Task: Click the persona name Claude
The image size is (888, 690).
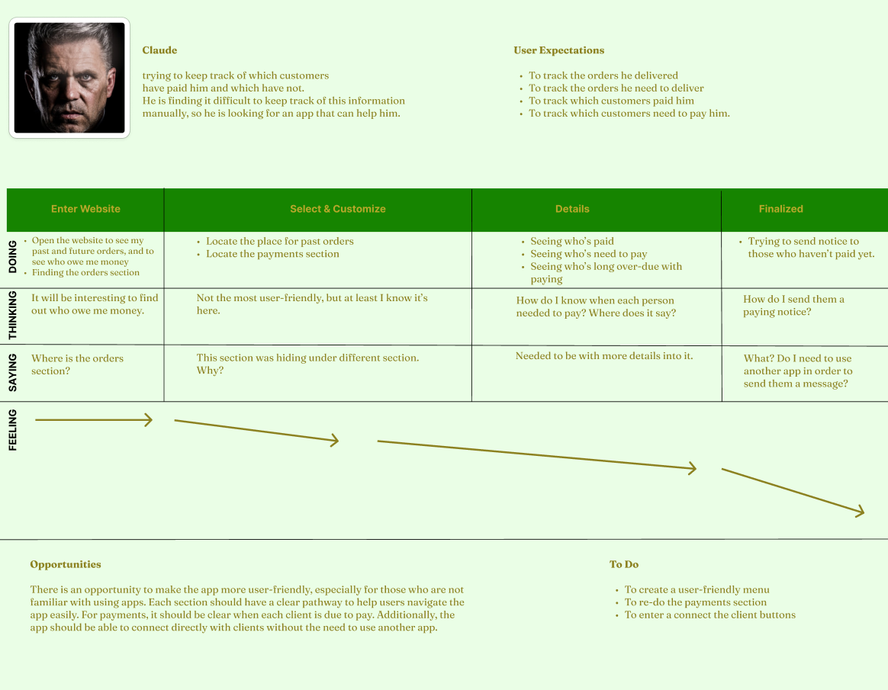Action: pos(159,50)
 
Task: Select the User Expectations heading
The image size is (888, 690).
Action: pos(559,50)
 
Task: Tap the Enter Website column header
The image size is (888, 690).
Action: pos(85,209)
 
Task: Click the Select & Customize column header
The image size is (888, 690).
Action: pos(337,209)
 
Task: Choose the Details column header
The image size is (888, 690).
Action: pos(572,209)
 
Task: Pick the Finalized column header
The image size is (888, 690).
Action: pos(781,209)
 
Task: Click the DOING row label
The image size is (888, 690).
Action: pos(13,257)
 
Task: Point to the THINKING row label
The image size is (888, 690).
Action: pos(13,316)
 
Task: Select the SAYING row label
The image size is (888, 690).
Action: pos(13,373)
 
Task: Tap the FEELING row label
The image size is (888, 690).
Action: pos(13,430)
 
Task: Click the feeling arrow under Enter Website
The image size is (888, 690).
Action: pos(94,420)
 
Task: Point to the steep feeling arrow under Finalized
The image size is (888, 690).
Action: pos(793,491)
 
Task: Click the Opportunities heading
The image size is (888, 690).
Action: pos(66,564)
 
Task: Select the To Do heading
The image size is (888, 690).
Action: pos(624,564)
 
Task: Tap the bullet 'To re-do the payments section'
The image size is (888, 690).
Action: pos(696,602)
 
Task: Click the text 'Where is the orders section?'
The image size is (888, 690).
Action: pos(77,364)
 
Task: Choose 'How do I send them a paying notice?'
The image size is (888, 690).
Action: pos(793,306)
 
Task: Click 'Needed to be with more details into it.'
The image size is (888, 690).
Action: pos(604,356)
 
